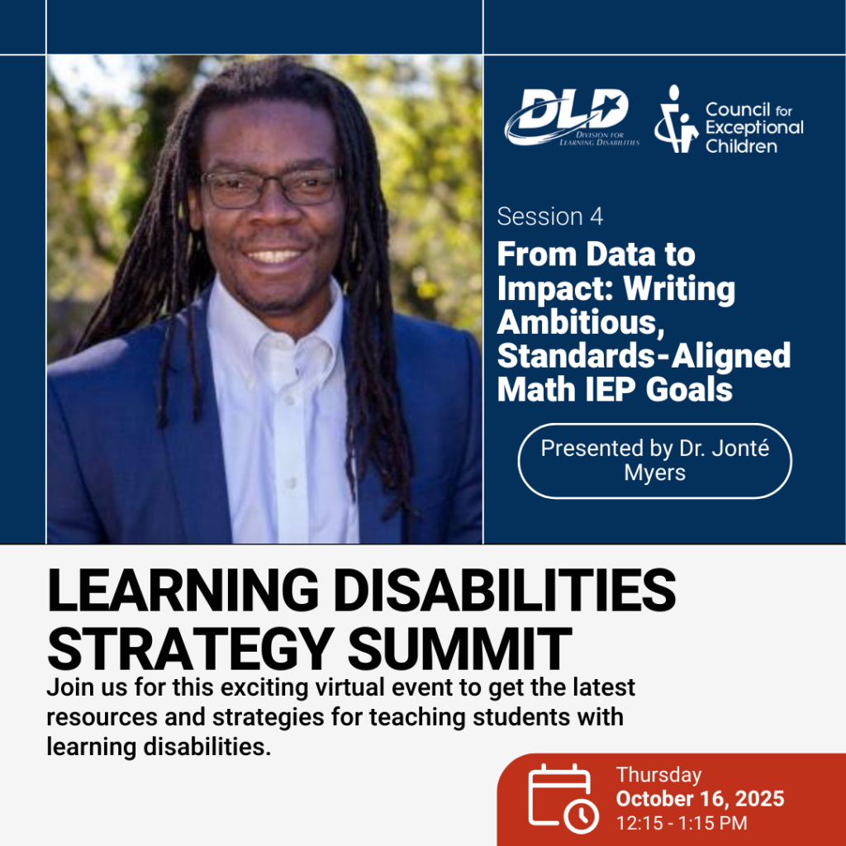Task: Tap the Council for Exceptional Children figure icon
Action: [x=676, y=119]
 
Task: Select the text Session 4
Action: [x=549, y=217]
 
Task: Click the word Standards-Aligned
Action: [x=644, y=355]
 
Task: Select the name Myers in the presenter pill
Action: [x=654, y=473]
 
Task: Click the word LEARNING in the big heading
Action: [x=183, y=591]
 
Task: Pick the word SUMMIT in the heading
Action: [x=459, y=649]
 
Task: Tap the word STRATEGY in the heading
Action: [x=189, y=649]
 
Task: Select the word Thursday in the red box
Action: [x=658, y=775]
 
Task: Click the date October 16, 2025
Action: [x=701, y=799]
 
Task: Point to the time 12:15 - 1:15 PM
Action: [x=682, y=824]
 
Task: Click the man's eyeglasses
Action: [x=269, y=188]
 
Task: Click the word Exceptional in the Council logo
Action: [x=755, y=128]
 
